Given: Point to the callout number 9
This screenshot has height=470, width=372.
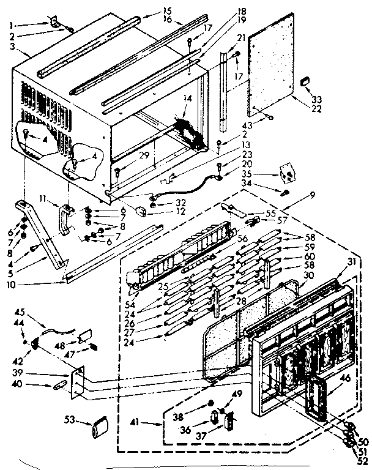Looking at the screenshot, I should [313, 195].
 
